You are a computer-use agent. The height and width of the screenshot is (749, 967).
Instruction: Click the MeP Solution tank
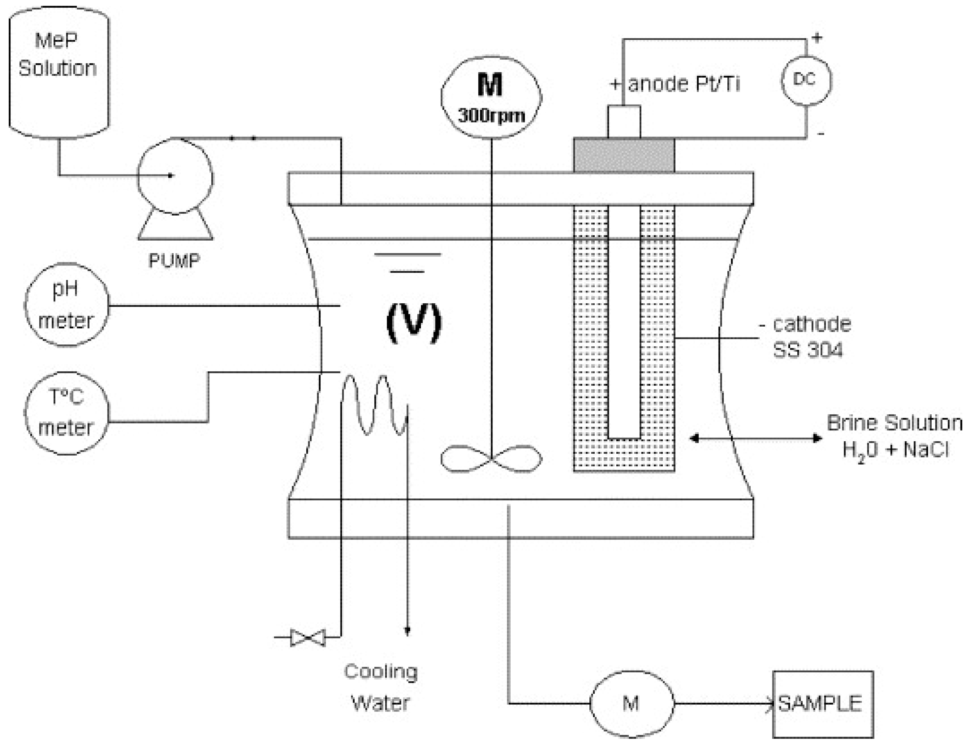pyautogui.click(x=59, y=71)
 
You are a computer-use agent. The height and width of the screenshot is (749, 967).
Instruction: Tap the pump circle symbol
pyautogui.click(x=175, y=176)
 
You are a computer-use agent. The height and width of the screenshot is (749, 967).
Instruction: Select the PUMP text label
pyautogui.click(x=174, y=261)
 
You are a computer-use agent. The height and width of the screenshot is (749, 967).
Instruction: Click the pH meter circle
pyautogui.click(x=66, y=304)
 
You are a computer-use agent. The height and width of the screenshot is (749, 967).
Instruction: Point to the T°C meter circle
pyautogui.click(x=66, y=413)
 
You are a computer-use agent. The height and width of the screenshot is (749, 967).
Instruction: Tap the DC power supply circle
pyautogui.click(x=805, y=80)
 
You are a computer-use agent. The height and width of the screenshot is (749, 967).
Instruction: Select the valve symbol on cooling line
pyautogui.click(x=308, y=638)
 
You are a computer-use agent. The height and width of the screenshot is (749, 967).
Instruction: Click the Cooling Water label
pyautogui.click(x=381, y=687)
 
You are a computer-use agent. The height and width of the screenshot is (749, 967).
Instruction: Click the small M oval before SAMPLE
pyautogui.click(x=632, y=703)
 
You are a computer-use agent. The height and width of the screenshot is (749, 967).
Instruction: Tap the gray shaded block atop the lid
pyautogui.click(x=624, y=155)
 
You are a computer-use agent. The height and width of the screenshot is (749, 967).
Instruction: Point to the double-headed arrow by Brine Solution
pyautogui.click(x=756, y=438)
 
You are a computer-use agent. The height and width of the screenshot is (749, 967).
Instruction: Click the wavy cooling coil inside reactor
pyautogui.click(x=374, y=405)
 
